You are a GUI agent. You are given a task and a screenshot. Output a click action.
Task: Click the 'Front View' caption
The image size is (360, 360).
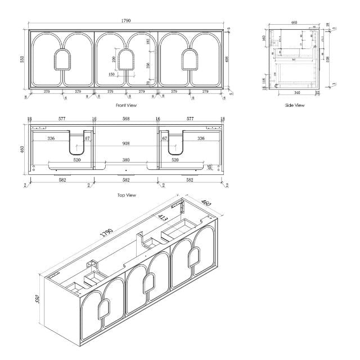(x=126, y=105)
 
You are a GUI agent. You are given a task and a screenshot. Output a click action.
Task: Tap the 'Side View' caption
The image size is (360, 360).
(x=295, y=105)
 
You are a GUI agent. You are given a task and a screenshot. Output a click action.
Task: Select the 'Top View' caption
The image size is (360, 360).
(x=126, y=195)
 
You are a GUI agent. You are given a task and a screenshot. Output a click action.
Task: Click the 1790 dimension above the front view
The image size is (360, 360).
(x=126, y=21)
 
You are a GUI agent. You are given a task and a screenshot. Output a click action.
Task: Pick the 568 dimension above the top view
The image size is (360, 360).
(x=126, y=119)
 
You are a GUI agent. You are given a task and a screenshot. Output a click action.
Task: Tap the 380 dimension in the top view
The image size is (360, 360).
(x=126, y=159)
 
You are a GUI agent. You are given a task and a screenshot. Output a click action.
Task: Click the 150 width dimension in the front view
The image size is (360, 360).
(x=112, y=74)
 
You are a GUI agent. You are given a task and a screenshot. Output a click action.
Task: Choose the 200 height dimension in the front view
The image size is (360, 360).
(x=115, y=59)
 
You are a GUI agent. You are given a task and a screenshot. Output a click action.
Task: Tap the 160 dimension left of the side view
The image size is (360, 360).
(x=264, y=39)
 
